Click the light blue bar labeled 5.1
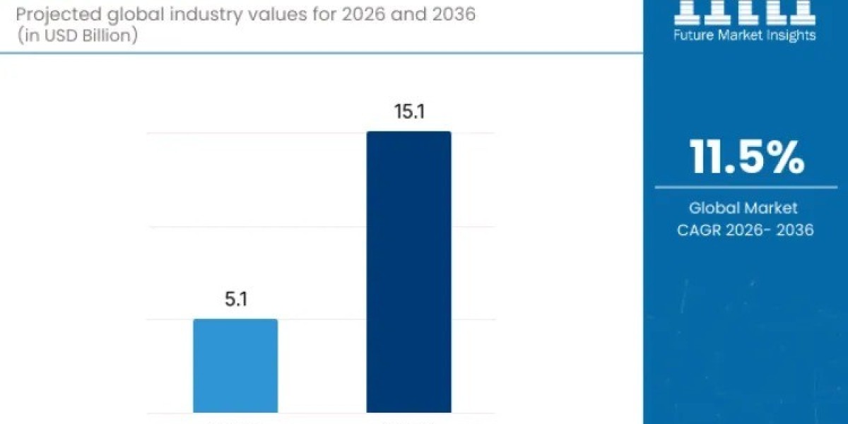tap(235, 365)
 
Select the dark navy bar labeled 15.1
tap(408, 271)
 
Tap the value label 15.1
tap(408, 112)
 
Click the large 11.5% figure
tap(747, 158)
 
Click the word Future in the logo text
tap(695, 35)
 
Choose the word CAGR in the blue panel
tap(699, 230)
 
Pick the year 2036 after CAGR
tap(794, 230)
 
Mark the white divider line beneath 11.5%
tap(746, 187)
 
